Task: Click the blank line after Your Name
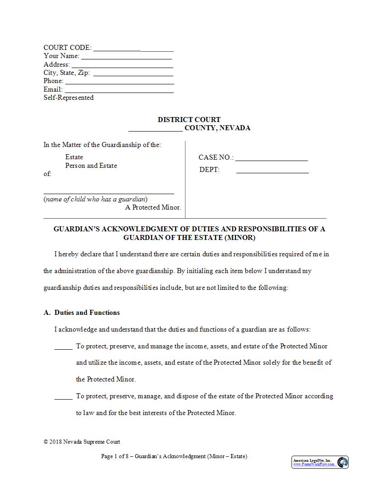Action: pyautogui.click(x=126, y=57)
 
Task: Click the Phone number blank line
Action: pyautogui.click(x=119, y=82)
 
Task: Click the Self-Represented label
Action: pyautogui.click(x=68, y=98)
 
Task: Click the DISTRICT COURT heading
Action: pyautogui.click(x=189, y=120)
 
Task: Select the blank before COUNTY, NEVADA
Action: pyautogui.click(x=156, y=129)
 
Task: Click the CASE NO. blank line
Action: pyautogui.click(x=271, y=159)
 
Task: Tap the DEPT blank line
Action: pyautogui.click(x=272, y=171)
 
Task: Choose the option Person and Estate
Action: pyautogui.click(x=91, y=166)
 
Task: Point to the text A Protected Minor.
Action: pyautogui.click(x=153, y=207)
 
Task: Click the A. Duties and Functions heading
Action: pyautogui.click(x=82, y=313)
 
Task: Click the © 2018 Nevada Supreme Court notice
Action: pyautogui.click(x=82, y=442)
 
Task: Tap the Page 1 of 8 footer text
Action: pyautogui.click(x=174, y=456)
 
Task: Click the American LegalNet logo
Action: pyautogui.click(x=320, y=462)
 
